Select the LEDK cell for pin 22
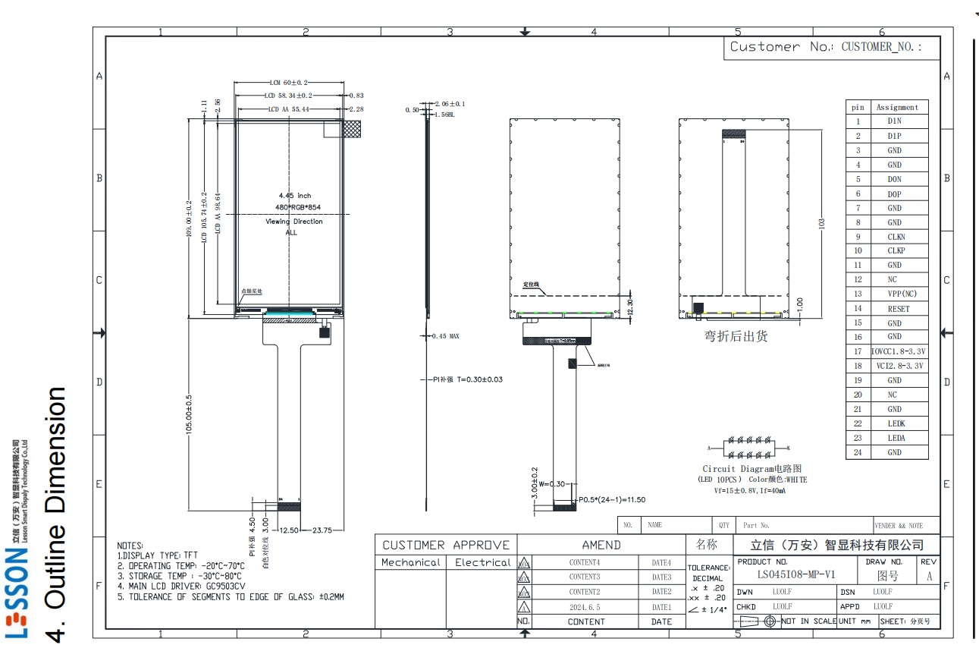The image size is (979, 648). (x=896, y=423)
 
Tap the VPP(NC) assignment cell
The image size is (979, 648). (x=896, y=294)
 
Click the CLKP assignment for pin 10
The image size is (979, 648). (x=896, y=250)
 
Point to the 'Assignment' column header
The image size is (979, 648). (x=897, y=107)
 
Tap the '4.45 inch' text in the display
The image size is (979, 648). (x=295, y=196)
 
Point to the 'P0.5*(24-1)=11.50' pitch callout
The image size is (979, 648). (x=611, y=500)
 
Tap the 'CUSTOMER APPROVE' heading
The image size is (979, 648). (x=446, y=545)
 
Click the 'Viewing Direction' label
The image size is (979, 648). (x=293, y=222)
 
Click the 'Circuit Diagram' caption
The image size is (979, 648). (x=751, y=469)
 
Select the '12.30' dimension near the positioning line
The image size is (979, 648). (x=629, y=307)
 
